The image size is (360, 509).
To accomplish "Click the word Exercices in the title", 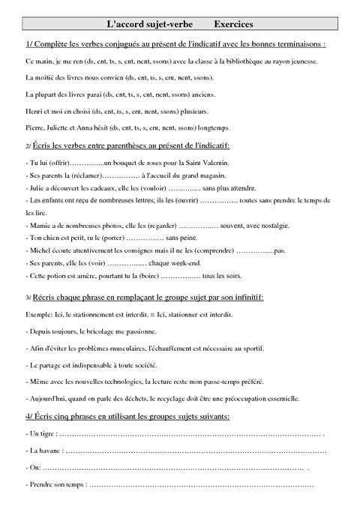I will tap(231, 25).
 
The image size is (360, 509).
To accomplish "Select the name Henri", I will tap(34, 112).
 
